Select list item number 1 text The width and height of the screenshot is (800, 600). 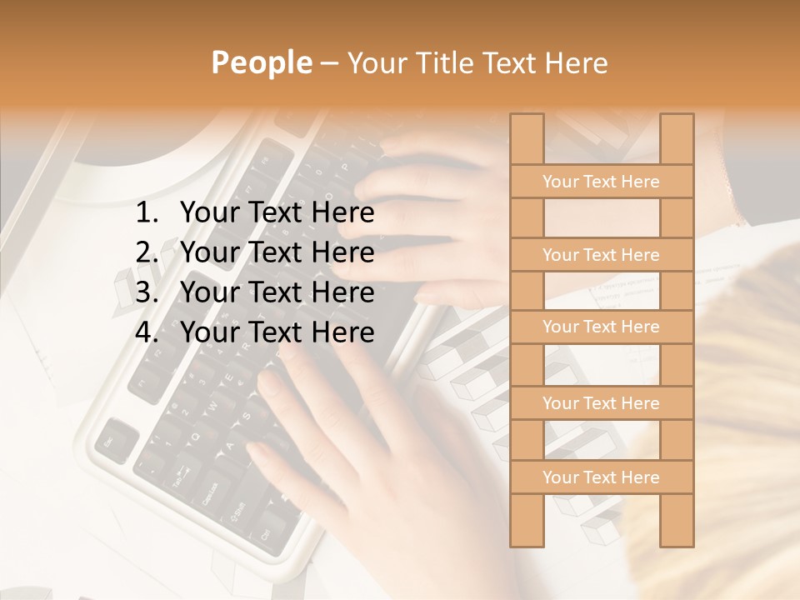(277, 213)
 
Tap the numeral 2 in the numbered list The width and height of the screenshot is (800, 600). (146, 252)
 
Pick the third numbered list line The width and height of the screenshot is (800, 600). (277, 292)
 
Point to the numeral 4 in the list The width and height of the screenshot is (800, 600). (146, 332)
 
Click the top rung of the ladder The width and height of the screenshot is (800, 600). (601, 182)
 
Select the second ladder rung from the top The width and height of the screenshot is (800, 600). (601, 255)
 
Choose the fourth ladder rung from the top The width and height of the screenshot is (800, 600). (601, 403)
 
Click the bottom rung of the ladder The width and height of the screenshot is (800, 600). (601, 477)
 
